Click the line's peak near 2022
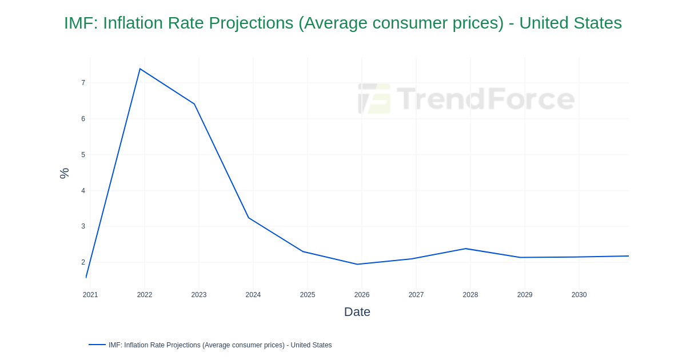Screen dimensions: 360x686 click(x=140, y=69)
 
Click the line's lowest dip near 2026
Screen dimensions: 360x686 click(x=357, y=264)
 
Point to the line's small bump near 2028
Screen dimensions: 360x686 click(x=466, y=249)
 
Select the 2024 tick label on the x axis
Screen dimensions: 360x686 click(x=253, y=295)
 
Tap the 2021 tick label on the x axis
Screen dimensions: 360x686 click(x=90, y=295)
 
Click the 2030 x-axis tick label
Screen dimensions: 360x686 click(x=579, y=295)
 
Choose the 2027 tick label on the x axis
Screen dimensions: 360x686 click(x=416, y=295)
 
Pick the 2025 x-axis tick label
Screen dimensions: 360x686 click(x=308, y=295)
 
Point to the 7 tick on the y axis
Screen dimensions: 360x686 click(x=83, y=83)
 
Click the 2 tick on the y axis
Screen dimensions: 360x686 click(x=83, y=262)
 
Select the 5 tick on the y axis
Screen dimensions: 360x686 click(x=83, y=155)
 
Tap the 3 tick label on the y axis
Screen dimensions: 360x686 click(x=83, y=226)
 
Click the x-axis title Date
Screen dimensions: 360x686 click(x=357, y=312)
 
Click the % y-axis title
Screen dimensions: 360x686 click(x=64, y=173)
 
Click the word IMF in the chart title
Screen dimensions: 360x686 click(x=79, y=23)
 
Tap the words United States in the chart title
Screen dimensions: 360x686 click(x=570, y=23)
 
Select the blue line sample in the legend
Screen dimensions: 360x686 click(x=97, y=345)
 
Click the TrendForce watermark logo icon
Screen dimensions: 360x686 click(x=374, y=98)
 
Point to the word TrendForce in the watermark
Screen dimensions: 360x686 click(x=485, y=98)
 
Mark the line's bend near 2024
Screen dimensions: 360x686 click(x=249, y=218)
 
